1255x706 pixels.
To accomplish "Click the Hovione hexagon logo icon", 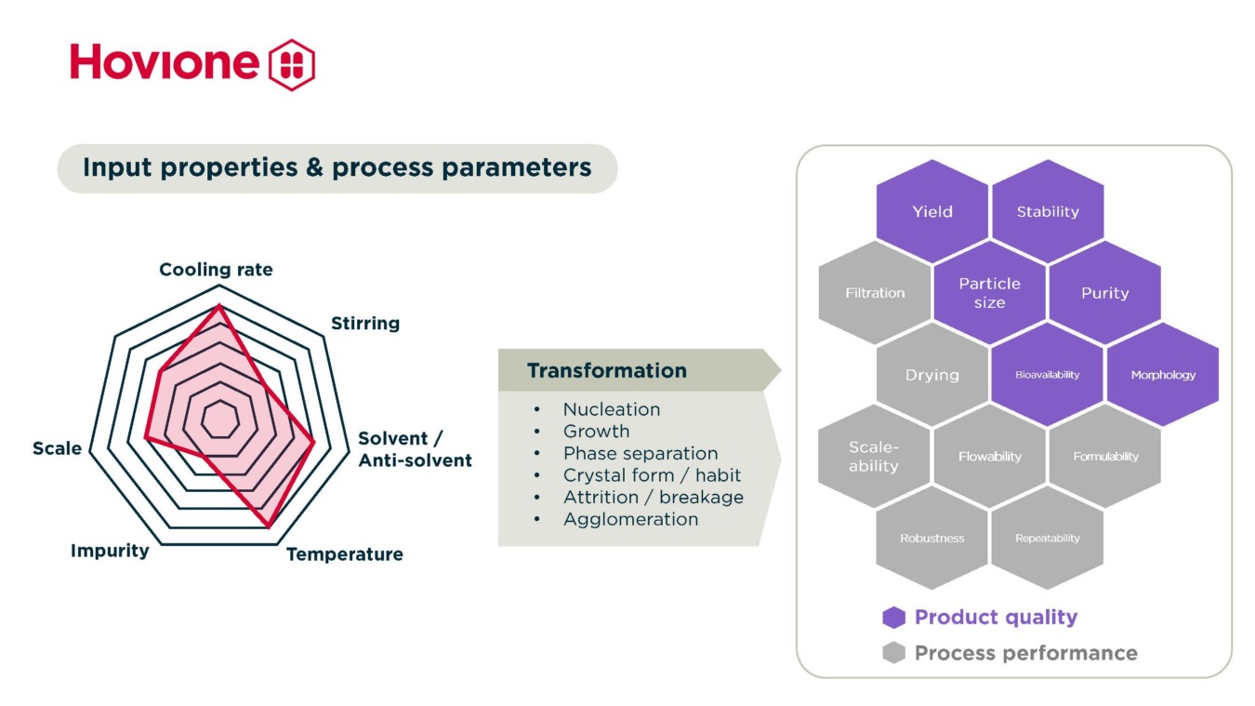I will coord(291,64).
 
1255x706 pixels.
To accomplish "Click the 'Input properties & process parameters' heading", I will coord(337,168).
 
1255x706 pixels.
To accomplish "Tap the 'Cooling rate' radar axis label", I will coord(216,270).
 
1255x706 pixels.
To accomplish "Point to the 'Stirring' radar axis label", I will coord(365,324).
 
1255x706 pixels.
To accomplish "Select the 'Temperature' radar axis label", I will coord(344,554).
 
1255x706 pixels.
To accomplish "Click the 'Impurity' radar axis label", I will coord(110,551).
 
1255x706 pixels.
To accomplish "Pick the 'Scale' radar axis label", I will coord(57,448).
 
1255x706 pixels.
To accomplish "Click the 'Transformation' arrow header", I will coord(607,371).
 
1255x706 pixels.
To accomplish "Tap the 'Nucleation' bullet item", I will coord(611,409).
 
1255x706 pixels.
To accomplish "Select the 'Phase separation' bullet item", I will coord(640,453).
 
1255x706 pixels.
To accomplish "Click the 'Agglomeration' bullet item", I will coord(630,519).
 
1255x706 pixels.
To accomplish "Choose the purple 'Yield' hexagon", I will coord(931,212).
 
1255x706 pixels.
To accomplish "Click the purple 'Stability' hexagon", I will coord(1047,212).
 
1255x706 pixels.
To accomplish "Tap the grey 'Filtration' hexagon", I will coord(874,293).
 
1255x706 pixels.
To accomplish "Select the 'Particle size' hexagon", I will coord(989,293).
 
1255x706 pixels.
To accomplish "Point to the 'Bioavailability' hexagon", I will coord(1047,375).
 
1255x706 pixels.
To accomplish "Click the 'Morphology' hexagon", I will coord(1162,375).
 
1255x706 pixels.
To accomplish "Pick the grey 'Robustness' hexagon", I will coord(931,539).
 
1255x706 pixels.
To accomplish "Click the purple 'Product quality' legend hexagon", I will coord(893,618).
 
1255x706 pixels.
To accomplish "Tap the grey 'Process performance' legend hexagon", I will coord(893,653).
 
